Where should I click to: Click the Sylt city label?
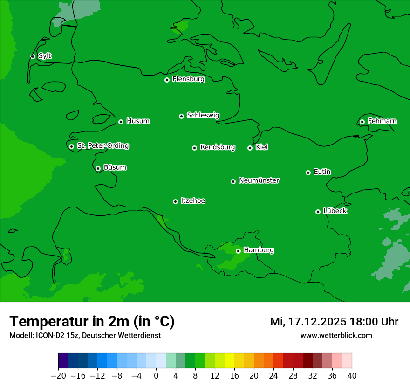coord(45,56)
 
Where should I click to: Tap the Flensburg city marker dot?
coord(167,80)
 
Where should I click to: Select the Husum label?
coord(138,121)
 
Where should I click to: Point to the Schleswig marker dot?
coord(181,116)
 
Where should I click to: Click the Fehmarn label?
coord(382,121)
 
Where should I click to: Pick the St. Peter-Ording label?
coord(102,146)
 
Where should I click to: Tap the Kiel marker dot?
coord(250,148)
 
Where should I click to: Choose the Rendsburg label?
coord(217,147)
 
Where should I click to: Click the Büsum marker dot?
coord(98,168)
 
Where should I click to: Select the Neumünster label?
coord(259,180)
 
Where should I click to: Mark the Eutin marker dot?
coord(308,173)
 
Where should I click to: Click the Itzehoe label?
coord(193,201)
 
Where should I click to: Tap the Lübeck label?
coord(335,211)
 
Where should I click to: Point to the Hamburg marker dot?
coord(238,251)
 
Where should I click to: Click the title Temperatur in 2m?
coord(92,322)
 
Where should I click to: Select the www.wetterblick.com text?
coord(336,335)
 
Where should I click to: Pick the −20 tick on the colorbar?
coord(58,375)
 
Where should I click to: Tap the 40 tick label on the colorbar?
coord(352,375)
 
